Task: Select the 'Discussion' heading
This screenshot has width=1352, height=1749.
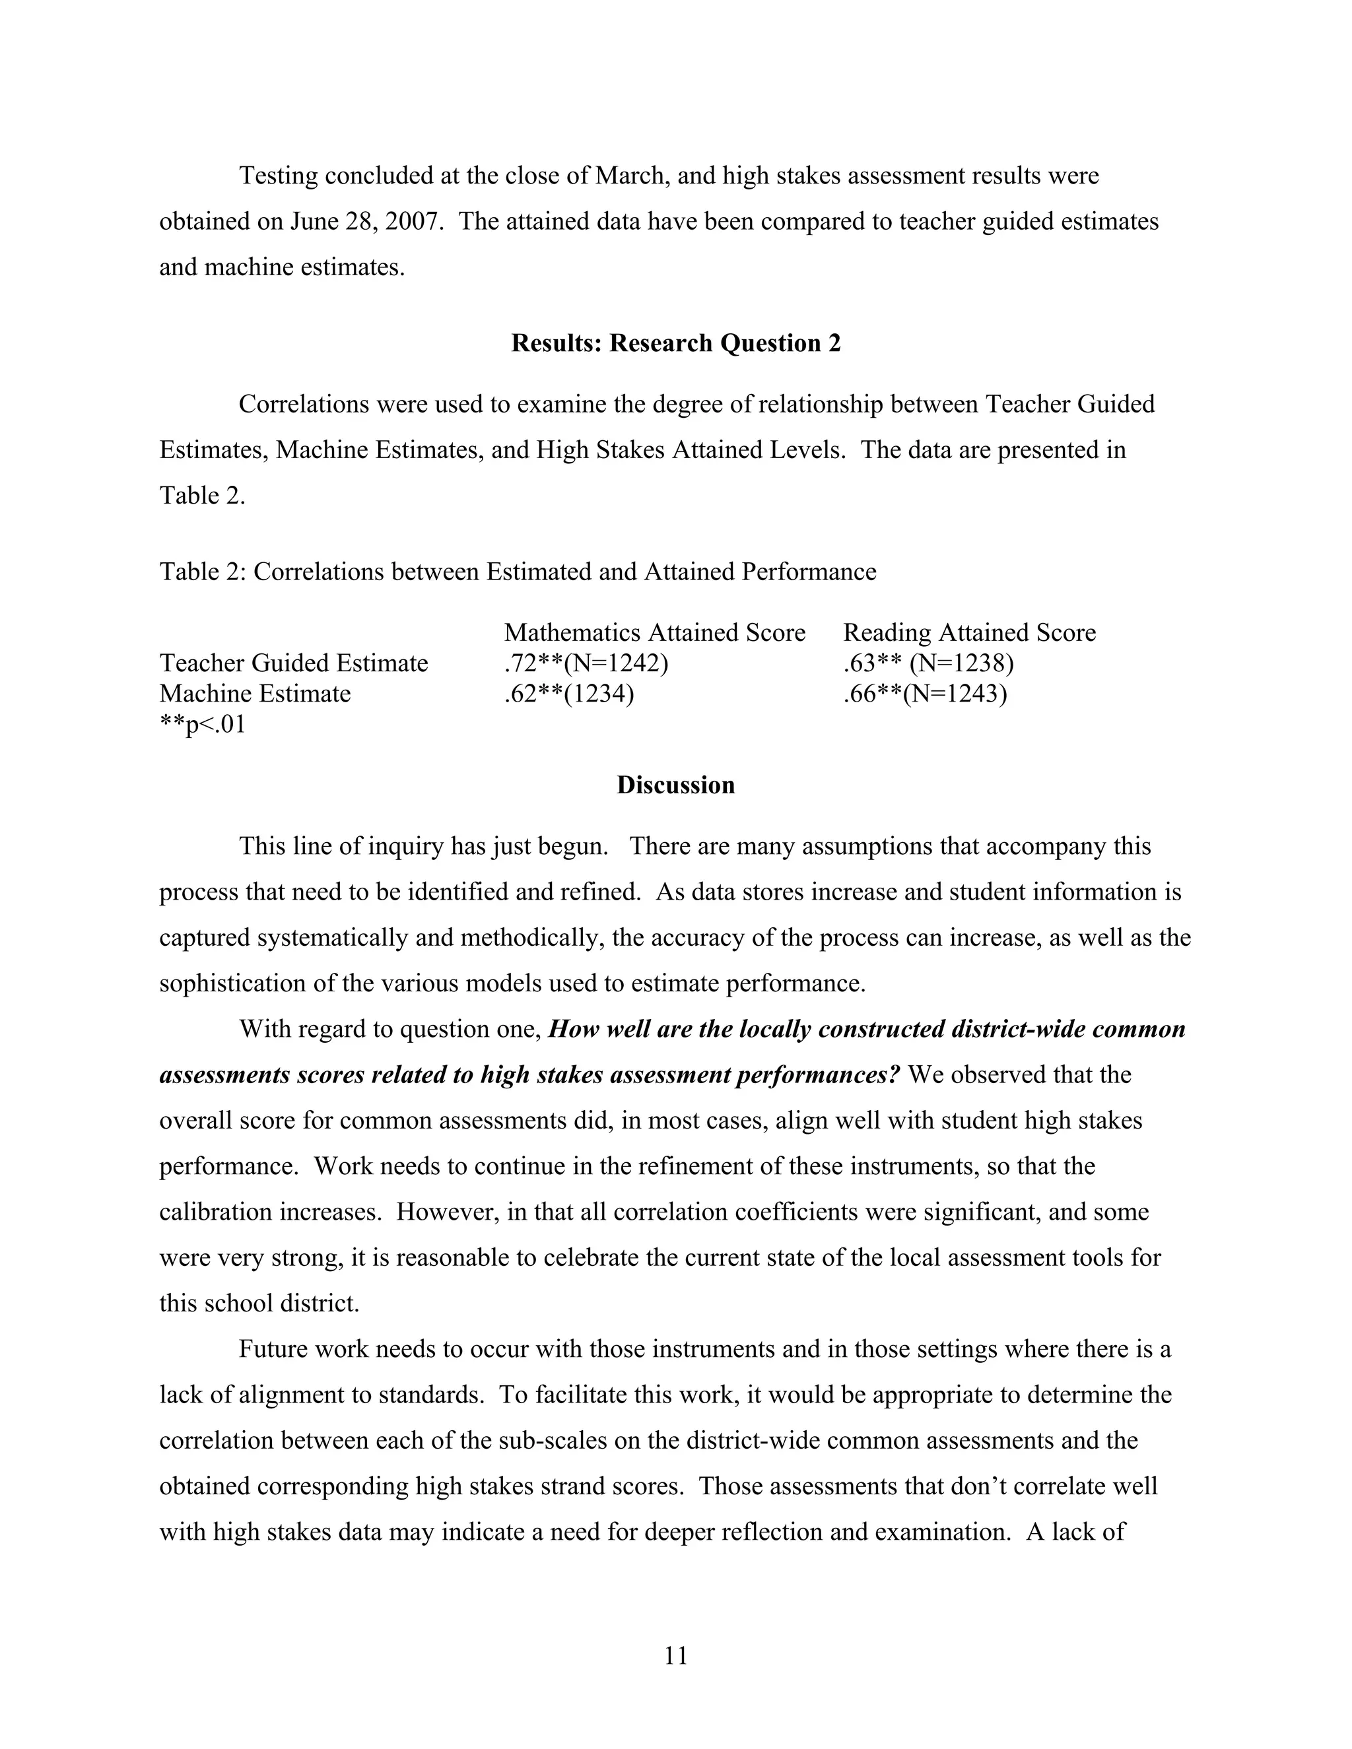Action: (x=675, y=785)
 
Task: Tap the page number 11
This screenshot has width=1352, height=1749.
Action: (x=675, y=1655)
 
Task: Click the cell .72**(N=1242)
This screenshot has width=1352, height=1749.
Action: (x=586, y=663)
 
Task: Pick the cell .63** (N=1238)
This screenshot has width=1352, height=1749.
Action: (x=928, y=663)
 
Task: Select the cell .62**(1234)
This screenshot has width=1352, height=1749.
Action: (x=568, y=694)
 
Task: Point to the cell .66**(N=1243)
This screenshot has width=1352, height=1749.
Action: (x=924, y=694)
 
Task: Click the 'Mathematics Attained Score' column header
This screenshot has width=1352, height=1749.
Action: (x=654, y=633)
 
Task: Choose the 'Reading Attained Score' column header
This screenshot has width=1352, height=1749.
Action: (x=968, y=633)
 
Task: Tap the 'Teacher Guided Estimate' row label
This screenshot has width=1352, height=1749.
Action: (x=293, y=663)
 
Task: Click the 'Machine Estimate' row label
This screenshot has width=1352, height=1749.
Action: (x=255, y=694)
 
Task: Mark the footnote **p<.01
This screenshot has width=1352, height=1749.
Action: (x=202, y=725)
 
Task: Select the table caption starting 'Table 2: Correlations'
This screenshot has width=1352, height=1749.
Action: (x=518, y=572)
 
